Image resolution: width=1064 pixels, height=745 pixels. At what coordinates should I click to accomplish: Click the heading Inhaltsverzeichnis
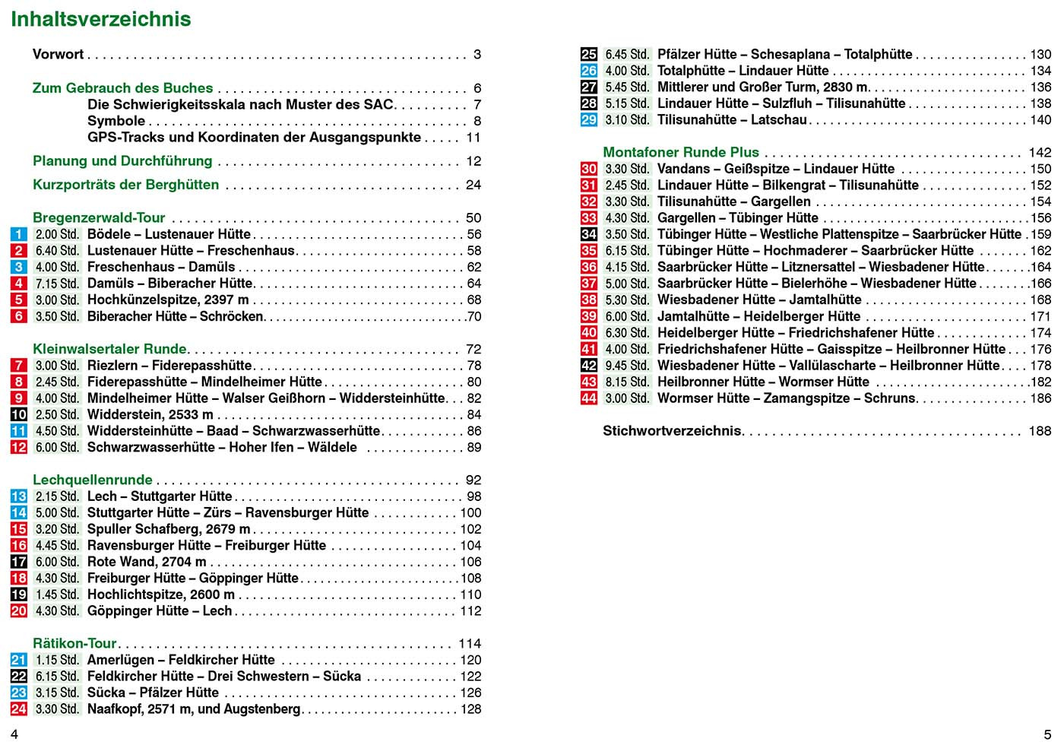[x=101, y=19]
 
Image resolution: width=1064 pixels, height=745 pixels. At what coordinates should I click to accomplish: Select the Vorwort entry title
[x=58, y=54]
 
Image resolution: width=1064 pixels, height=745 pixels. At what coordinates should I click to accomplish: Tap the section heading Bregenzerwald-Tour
[x=99, y=218]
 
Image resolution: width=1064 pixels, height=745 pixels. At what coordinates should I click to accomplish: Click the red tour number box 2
[x=19, y=251]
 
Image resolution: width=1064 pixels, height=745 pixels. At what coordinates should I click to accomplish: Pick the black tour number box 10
[x=19, y=415]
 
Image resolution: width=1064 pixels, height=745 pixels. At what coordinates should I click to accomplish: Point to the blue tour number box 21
[x=19, y=661]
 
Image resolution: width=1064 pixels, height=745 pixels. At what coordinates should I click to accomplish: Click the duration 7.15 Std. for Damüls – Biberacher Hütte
[x=57, y=284]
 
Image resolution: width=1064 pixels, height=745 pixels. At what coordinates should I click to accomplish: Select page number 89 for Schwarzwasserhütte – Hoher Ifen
[x=473, y=448]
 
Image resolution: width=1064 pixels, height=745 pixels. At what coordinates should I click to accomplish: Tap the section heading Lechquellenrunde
[x=93, y=480]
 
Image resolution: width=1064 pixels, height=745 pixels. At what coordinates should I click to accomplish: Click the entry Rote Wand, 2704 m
[x=147, y=562]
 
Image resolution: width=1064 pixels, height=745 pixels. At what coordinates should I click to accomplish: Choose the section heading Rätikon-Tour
[x=74, y=644]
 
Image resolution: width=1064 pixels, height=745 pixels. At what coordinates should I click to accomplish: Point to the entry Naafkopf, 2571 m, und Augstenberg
[x=194, y=709]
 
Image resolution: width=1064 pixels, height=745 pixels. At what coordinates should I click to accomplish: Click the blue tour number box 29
[x=589, y=120]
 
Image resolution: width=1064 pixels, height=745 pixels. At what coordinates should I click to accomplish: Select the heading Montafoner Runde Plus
[x=681, y=153]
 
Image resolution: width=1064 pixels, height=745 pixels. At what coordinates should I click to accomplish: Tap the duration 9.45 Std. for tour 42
[x=627, y=366]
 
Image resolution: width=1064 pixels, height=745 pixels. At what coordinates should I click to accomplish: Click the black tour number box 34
[x=589, y=235]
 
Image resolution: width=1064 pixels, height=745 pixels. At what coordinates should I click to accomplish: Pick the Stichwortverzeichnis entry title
[x=672, y=431]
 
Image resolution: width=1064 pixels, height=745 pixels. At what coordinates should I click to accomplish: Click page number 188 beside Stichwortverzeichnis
[x=1040, y=431]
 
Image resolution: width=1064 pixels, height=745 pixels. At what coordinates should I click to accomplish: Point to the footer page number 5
[x=1047, y=733]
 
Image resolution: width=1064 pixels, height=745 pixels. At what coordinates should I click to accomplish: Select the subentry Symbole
[x=116, y=121]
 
